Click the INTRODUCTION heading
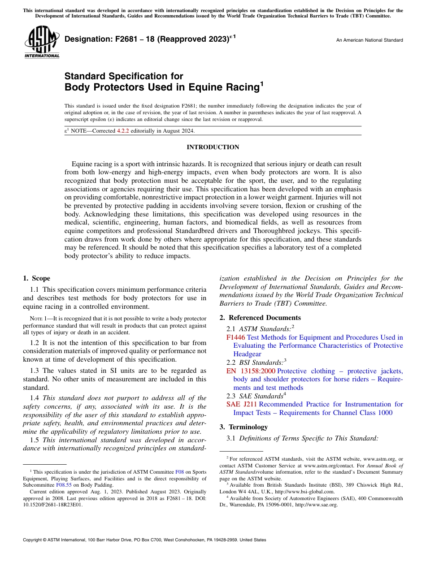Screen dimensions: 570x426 click(x=213, y=147)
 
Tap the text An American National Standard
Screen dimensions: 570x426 click(x=369, y=40)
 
